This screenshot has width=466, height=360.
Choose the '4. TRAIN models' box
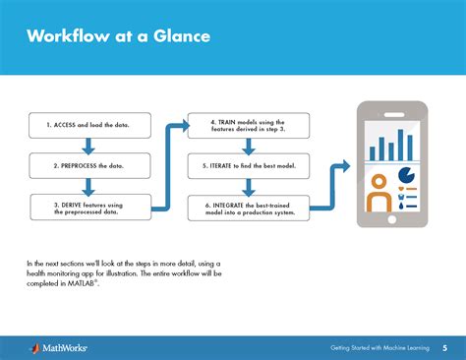tap(248, 125)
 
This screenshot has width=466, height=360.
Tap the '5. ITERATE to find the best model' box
tap(248, 166)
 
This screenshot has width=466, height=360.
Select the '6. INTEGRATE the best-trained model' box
tap(248, 207)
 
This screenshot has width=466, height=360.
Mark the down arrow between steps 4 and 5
tap(248, 147)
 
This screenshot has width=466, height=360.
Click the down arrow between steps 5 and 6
tap(248, 186)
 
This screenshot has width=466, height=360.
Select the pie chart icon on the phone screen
tap(405, 175)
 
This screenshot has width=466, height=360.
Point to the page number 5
tap(444, 347)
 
